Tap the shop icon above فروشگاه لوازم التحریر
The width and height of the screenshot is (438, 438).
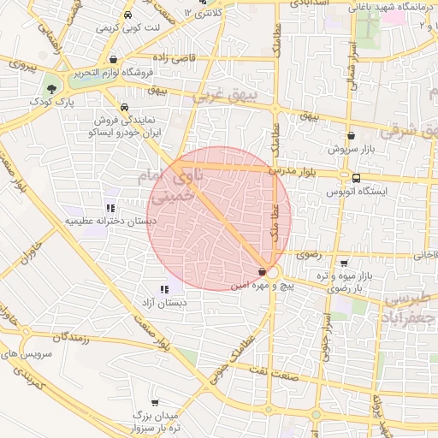114,60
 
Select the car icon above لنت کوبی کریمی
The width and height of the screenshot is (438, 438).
127,15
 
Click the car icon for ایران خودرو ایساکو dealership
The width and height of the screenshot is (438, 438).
125,108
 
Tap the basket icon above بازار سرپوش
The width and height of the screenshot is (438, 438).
351,136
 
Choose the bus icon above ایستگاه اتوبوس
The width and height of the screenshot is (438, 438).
355,178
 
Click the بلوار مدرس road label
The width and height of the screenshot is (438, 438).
293,171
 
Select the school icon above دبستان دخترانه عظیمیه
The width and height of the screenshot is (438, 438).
110,207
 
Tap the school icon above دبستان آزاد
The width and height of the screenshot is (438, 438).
163,289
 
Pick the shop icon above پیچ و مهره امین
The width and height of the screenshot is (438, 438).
262,271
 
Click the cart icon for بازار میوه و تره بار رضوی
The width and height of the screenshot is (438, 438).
343,263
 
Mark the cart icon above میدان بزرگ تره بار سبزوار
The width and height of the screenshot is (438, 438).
154,402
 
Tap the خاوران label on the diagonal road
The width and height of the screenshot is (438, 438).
32,253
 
